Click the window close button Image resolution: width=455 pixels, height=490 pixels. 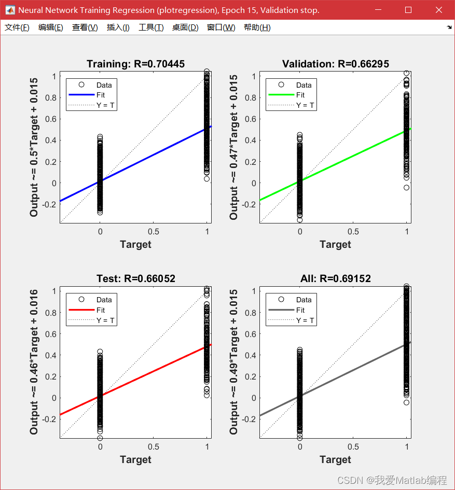point(438,10)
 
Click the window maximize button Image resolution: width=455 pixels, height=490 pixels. point(408,10)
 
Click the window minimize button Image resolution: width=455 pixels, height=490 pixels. point(378,10)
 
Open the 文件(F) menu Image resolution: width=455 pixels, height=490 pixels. point(17,27)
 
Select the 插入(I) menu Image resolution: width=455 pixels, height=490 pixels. point(118,27)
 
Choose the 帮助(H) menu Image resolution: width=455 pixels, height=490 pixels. point(257,27)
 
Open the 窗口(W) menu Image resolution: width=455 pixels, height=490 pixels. point(221,27)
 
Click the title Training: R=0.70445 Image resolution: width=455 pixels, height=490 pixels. point(135,64)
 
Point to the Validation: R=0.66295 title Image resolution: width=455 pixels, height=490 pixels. point(336,64)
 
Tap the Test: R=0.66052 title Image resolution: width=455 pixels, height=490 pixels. point(135,278)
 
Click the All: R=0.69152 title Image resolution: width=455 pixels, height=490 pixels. point(336,278)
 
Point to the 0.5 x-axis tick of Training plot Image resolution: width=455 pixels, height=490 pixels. point(154,231)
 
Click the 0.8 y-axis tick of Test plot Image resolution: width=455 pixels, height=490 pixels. point(51,313)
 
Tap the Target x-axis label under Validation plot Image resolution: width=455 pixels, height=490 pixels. point(336,244)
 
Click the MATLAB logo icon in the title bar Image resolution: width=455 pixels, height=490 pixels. point(10,10)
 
